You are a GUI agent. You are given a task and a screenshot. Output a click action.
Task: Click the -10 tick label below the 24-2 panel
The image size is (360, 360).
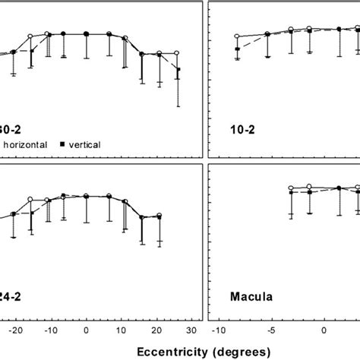click(x=49, y=330)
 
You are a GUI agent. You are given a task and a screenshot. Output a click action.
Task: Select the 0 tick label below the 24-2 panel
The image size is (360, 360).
click(x=87, y=330)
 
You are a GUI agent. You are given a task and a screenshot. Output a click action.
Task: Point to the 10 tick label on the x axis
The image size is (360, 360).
click(x=122, y=330)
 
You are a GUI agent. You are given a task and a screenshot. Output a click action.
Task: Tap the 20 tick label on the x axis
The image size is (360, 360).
click(x=157, y=330)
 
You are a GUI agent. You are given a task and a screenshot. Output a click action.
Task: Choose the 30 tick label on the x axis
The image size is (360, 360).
click(x=192, y=330)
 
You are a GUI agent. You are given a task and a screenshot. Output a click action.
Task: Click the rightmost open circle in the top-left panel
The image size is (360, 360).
click(x=177, y=53)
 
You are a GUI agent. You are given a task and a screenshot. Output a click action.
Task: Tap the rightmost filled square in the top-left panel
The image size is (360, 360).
click(x=178, y=70)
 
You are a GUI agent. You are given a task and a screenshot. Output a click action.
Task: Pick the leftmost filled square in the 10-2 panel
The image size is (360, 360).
click(x=238, y=49)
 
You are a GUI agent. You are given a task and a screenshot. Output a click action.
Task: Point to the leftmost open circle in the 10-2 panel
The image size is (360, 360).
click(x=238, y=36)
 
